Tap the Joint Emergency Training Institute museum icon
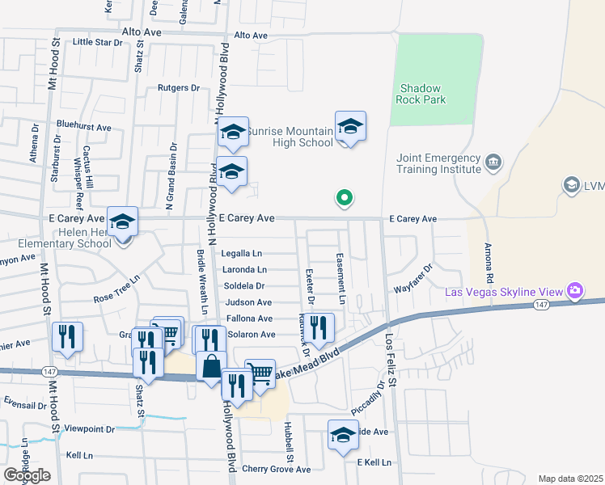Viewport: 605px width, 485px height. coord(493,164)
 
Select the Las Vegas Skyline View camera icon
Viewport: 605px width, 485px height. coord(575,290)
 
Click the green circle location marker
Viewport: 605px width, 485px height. coord(344,196)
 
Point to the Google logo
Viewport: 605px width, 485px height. coord(27,475)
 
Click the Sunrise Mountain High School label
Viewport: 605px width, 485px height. coord(290,137)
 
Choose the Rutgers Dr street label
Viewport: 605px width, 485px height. coord(179,87)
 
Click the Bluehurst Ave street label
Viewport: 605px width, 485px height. coord(83,127)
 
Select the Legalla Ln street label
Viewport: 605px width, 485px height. coord(241,253)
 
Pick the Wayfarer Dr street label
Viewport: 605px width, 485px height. coord(414,278)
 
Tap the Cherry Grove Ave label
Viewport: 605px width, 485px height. coord(276,469)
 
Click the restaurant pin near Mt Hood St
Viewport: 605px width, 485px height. coord(67,336)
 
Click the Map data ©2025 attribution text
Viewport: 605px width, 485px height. coord(570,479)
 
